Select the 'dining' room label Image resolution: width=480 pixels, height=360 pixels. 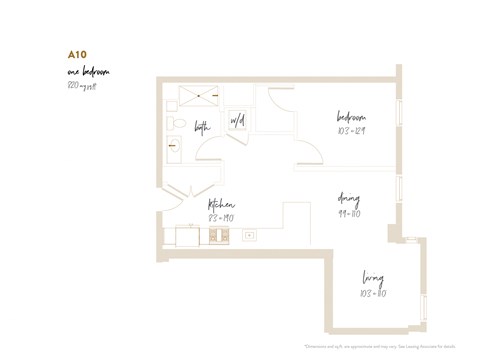349,198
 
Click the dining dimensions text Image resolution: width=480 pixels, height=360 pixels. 349,213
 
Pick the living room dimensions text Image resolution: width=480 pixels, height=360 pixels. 372,293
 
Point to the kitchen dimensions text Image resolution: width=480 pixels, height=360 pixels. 221,217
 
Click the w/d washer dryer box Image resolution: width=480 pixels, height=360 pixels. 238,121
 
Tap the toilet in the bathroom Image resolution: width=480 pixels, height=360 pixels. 173,124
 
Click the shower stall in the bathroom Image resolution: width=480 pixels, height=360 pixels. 198,97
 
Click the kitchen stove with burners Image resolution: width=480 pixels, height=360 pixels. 218,236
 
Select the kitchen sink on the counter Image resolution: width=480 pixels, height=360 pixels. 249,237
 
